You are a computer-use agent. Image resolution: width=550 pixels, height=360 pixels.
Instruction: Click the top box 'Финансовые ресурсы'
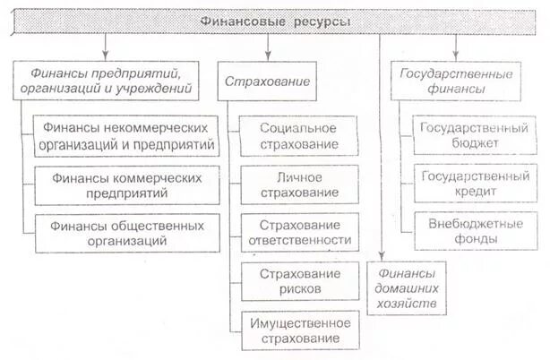pyautogui.click(x=274, y=20)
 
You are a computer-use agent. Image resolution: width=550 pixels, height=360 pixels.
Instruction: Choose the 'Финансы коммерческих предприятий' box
pyautogui.click(x=126, y=184)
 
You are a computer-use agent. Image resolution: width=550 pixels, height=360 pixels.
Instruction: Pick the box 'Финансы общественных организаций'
pyautogui.click(x=126, y=232)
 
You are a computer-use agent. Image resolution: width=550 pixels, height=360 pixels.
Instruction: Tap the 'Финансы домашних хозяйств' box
pyautogui.click(x=408, y=288)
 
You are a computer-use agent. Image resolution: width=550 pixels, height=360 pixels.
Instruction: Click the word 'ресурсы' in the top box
pyautogui.click(x=314, y=20)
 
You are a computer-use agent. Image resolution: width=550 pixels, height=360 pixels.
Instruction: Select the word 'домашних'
pyautogui.click(x=408, y=289)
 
